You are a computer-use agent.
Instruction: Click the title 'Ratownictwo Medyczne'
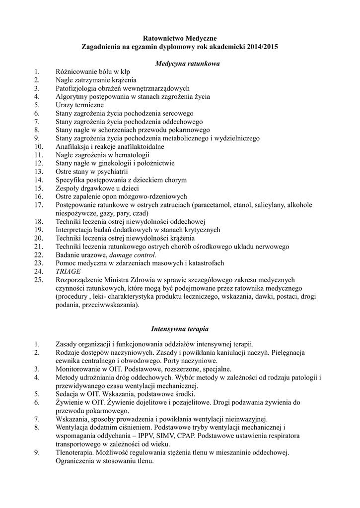(180, 37)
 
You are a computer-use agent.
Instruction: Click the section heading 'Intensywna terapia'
(180, 328)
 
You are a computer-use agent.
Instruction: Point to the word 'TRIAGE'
(67, 271)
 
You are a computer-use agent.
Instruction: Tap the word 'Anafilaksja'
(74, 146)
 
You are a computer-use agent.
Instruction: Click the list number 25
(39, 280)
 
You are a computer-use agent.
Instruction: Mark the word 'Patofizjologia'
(77, 88)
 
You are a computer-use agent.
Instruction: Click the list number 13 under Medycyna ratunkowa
(39, 171)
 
